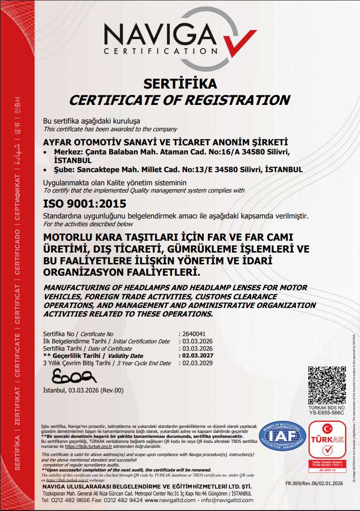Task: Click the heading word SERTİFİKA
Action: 180,84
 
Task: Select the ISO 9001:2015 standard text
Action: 84,204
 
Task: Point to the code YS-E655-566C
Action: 326,413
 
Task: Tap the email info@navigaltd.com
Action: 227,500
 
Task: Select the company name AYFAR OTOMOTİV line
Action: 165,142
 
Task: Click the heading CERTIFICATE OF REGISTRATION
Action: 179,99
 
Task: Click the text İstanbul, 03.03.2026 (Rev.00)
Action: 83,390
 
